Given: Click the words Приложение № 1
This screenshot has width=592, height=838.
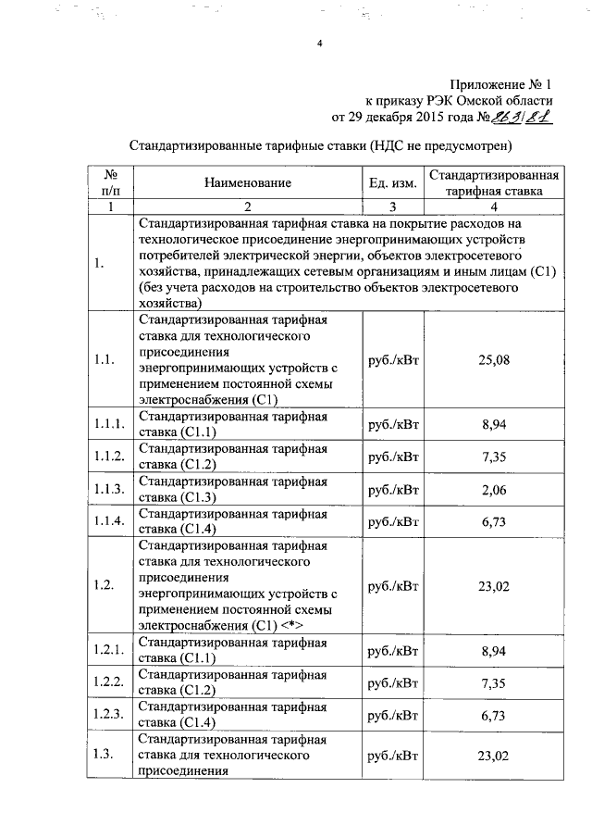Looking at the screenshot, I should [502, 83].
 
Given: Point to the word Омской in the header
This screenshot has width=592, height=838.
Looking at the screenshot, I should [458, 101].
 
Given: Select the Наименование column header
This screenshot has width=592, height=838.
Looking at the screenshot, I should [248, 183].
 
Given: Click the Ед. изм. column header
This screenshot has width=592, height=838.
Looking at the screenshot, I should [393, 183].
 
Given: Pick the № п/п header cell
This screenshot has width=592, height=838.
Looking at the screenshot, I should [110, 183].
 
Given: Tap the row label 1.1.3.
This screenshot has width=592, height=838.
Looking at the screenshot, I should [109, 487].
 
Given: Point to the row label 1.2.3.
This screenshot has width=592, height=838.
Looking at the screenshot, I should [109, 715].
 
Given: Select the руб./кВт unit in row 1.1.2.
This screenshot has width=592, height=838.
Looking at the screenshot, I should [393, 456].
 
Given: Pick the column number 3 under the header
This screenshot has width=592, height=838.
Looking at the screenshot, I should [392, 206].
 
